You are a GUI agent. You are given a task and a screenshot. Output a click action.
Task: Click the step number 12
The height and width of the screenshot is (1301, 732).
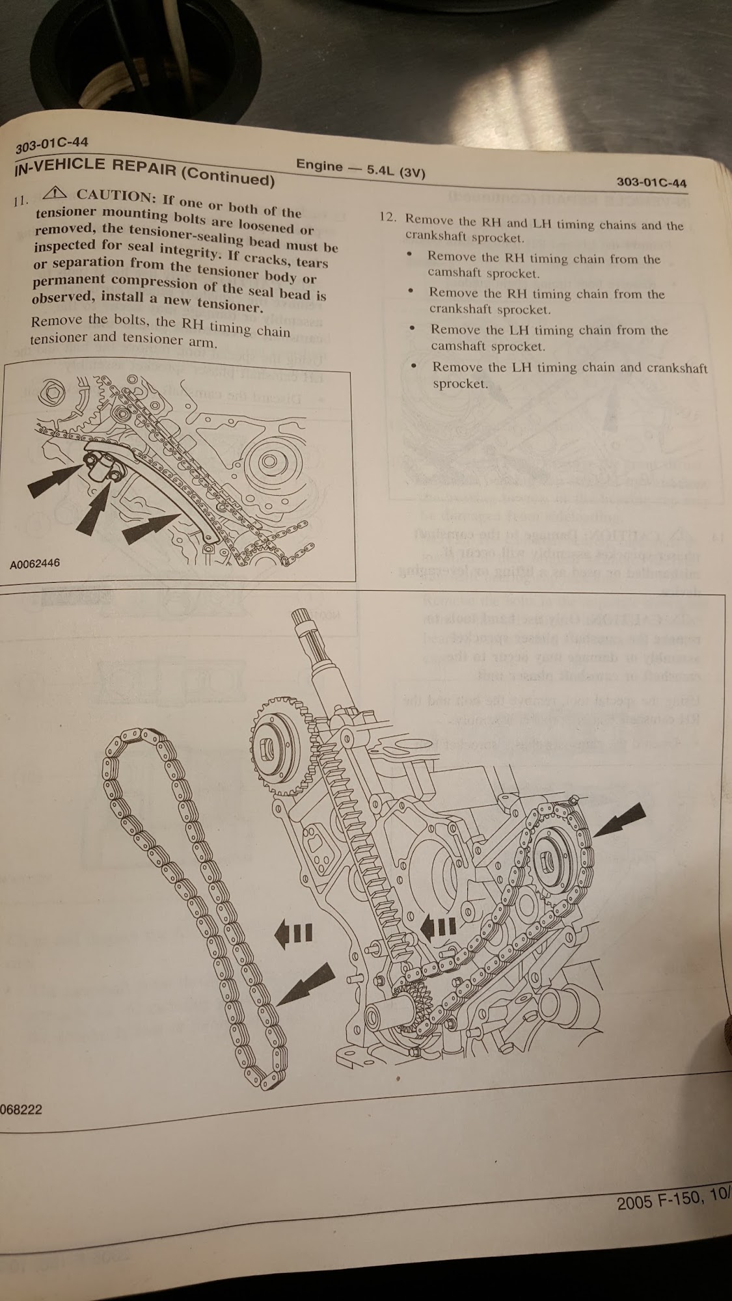click(x=388, y=217)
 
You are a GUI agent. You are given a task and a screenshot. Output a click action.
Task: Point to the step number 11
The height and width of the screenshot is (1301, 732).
click(x=21, y=201)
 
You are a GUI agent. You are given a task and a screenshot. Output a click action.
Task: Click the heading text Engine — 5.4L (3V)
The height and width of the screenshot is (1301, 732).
click(x=360, y=168)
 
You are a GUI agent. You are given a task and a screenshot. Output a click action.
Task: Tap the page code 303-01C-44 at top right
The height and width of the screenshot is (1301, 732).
click(x=651, y=183)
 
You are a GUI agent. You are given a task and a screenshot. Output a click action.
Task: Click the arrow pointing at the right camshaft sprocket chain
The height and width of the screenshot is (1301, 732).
click(x=619, y=819)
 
